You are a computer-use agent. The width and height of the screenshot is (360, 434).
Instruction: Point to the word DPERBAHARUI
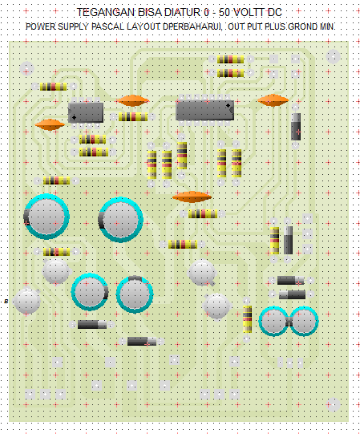(192, 27)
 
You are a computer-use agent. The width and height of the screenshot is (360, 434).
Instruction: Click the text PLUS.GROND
(289, 27)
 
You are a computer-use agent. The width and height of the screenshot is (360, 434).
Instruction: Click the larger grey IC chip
(204, 110)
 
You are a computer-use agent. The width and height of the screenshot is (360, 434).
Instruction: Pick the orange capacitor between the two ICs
(132, 101)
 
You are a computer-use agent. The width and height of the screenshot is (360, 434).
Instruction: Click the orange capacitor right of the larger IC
(273, 100)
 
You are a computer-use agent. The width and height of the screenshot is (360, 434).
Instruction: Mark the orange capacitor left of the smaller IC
(50, 124)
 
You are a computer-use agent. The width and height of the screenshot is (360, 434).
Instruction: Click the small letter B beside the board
(6, 302)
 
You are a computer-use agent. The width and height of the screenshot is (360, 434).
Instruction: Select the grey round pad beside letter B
(27, 301)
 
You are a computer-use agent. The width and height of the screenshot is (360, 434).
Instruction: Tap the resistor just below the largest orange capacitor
(203, 213)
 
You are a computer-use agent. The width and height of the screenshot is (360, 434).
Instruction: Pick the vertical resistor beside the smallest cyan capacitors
(248, 318)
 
